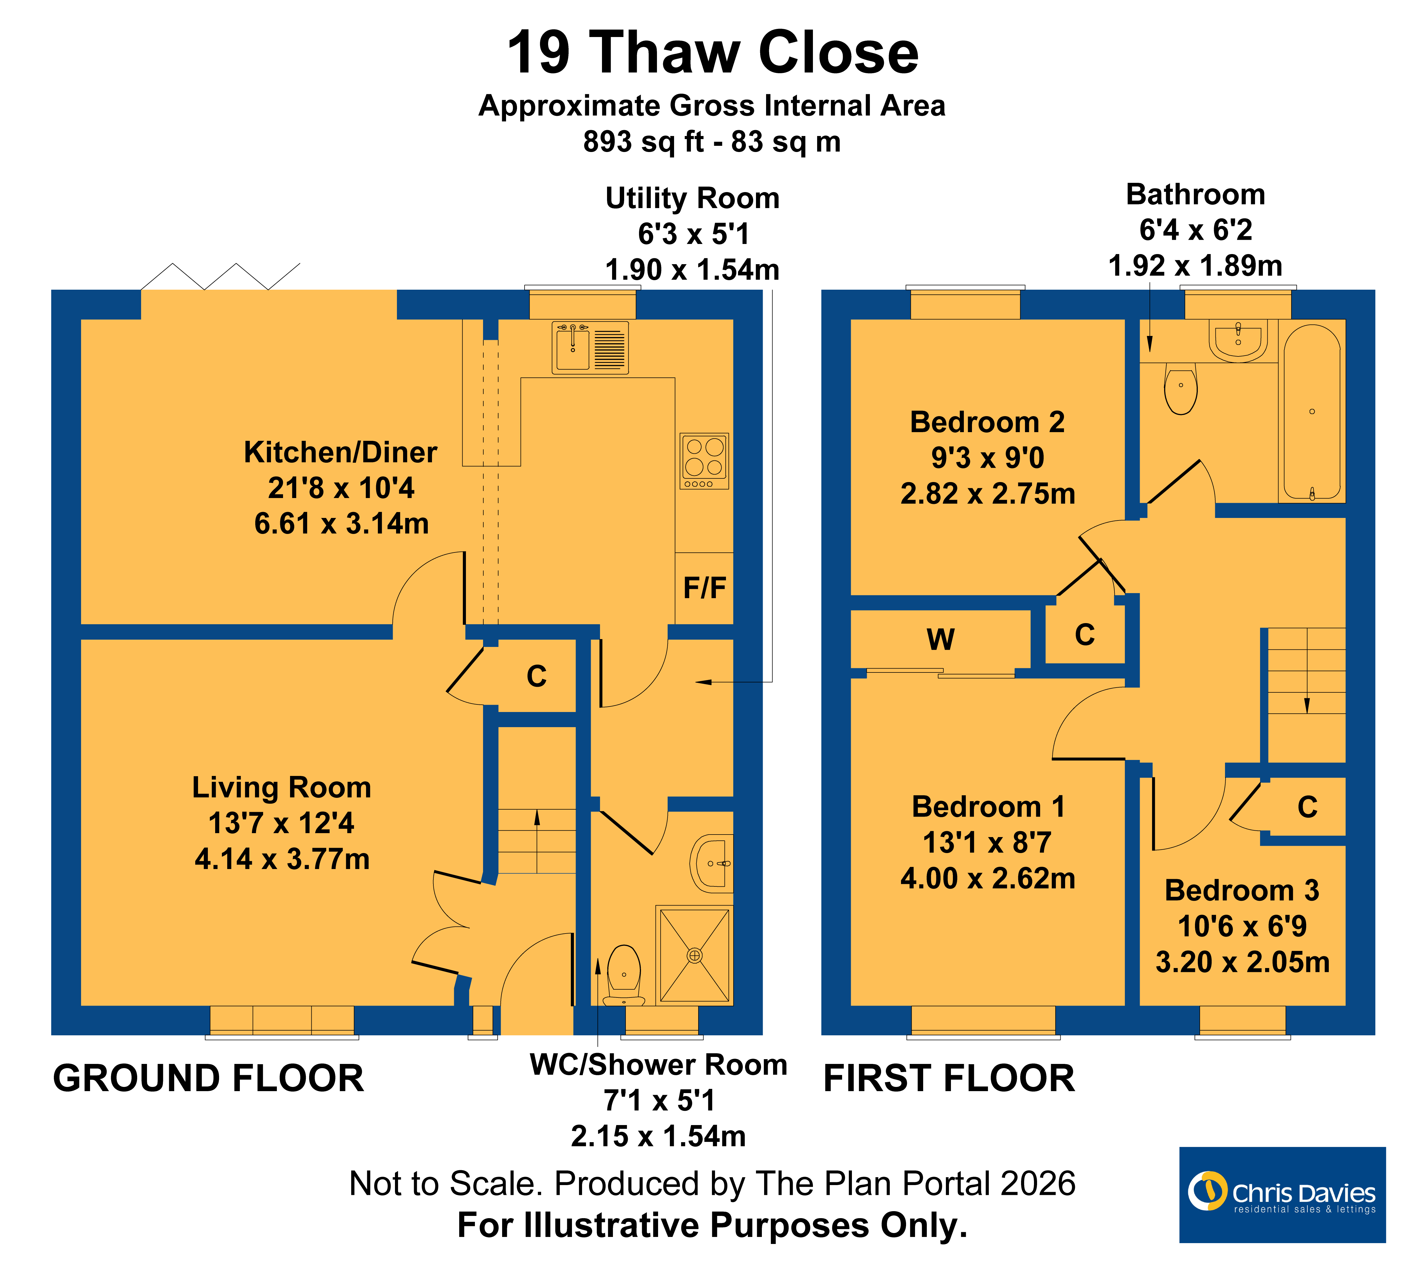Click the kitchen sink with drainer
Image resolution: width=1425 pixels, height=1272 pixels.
(590, 347)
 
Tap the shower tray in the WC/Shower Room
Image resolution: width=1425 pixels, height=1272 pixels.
(694, 955)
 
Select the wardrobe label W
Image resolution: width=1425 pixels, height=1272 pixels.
(941, 639)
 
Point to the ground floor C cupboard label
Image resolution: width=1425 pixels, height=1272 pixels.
(536, 676)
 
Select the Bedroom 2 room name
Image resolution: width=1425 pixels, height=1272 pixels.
(987, 422)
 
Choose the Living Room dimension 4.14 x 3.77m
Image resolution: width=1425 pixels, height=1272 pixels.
(282, 859)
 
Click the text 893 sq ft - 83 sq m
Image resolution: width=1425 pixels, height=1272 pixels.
(712, 142)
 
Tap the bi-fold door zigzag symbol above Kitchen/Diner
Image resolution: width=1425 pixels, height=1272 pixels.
(220, 277)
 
